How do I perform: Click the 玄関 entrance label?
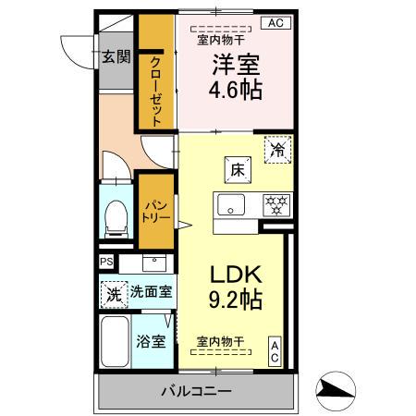pos(116,55)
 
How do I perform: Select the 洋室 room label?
pos(237,66)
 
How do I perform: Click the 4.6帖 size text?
pos(237,91)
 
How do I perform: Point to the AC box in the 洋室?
pos(275,23)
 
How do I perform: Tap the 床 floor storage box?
pos(237,169)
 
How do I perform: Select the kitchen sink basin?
pos(230,204)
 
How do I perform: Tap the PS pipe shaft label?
pos(106,262)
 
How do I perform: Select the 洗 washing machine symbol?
pos(112,296)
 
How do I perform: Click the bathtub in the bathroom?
pos(115,343)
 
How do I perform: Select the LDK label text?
pos(235,275)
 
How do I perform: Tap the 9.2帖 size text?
pos(235,300)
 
